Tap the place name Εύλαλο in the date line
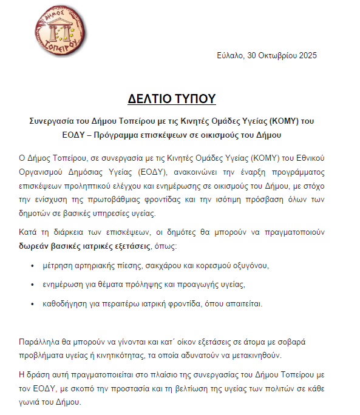point(229,56)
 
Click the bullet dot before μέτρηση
point(32,266)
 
